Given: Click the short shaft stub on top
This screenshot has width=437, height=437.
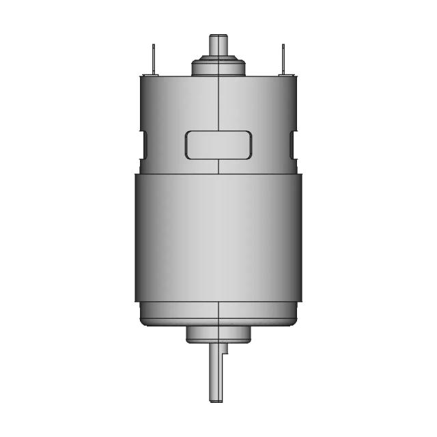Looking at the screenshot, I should [218, 46].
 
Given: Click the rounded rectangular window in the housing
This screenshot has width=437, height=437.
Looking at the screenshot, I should [218, 145].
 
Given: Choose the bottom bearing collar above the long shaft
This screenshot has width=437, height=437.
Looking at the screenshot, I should [218, 333].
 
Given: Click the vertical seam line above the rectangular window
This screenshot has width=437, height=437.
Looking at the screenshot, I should [218, 102].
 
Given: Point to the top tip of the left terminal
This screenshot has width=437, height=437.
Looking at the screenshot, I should [154, 45].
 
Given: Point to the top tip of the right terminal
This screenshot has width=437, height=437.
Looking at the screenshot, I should [283, 45].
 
